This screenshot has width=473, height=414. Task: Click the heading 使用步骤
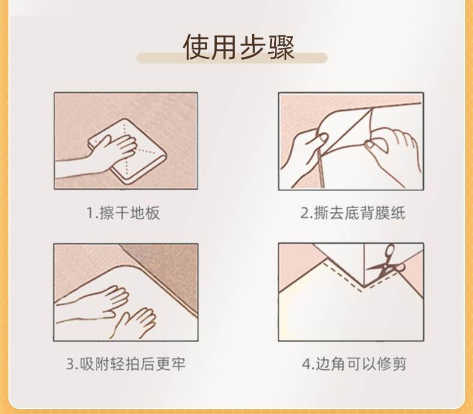pos(238,47)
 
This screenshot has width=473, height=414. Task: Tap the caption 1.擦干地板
pos(123,213)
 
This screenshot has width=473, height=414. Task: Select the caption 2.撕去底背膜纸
pos(353,213)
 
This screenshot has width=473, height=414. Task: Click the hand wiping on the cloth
pos(114,150)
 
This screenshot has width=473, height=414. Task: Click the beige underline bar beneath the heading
pos(232,59)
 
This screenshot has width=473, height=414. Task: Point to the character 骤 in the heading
pos(281,47)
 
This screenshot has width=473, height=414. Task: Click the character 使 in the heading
pos(196,47)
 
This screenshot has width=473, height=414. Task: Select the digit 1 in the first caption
pos(89,214)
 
